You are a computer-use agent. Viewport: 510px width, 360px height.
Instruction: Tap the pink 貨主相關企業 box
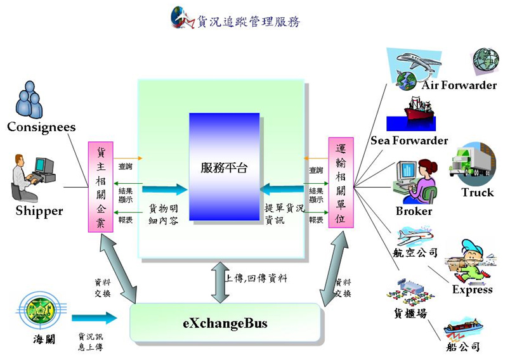click(x=101, y=188)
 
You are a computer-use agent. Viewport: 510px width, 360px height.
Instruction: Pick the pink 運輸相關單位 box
click(x=341, y=183)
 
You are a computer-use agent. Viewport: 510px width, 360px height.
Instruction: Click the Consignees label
click(x=41, y=127)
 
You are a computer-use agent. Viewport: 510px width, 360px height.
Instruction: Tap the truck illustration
click(x=472, y=162)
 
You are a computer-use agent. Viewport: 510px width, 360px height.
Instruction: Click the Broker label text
click(x=414, y=211)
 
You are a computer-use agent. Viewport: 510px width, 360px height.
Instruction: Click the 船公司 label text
click(x=462, y=347)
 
